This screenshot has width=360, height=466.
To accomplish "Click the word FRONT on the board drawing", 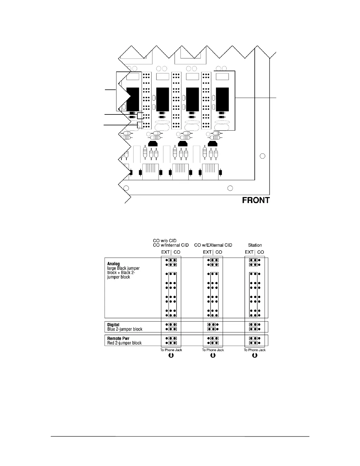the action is click(x=256, y=200).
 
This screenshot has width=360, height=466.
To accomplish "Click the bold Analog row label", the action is click(x=114, y=264).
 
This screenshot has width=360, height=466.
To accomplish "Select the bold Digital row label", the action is click(x=113, y=325).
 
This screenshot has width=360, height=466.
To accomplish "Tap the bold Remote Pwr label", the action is click(x=118, y=338).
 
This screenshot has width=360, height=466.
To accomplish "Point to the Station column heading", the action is click(x=255, y=245).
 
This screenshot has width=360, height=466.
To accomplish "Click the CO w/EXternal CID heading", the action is click(x=213, y=245).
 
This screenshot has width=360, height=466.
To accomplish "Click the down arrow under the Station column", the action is click(x=255, y=355).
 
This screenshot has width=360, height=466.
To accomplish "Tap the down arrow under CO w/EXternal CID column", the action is click(x=213, y=355).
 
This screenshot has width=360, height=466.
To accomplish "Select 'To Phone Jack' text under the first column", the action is click(x=171, y=350).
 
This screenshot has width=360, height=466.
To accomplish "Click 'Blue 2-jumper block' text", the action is click(x=125, y=329).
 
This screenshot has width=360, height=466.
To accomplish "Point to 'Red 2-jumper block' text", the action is click(x=124, y=343).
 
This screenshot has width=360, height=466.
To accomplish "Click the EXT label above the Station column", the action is click(x=249, y=252).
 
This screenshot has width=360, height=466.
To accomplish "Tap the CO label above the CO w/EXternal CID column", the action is click(x=219, y=252).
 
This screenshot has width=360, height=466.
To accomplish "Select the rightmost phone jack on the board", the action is click(x=210, y=172).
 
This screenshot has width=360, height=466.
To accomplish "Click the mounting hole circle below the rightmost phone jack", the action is click(x=231, y=188).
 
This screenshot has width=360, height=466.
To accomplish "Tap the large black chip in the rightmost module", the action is click(x=222, y=99).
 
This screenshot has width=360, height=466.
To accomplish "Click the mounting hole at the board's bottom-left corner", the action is click(x=126, y=188).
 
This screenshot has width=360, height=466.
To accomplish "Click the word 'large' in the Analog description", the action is click(x=112, y=268).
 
